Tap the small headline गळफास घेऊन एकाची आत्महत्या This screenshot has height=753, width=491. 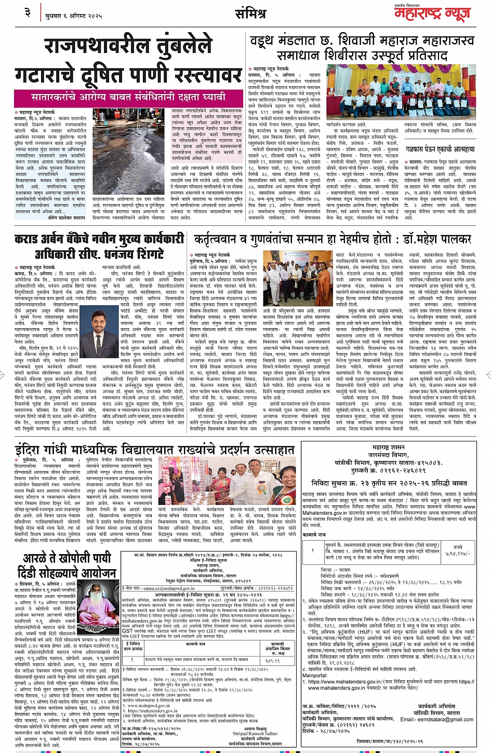click(440, 149)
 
